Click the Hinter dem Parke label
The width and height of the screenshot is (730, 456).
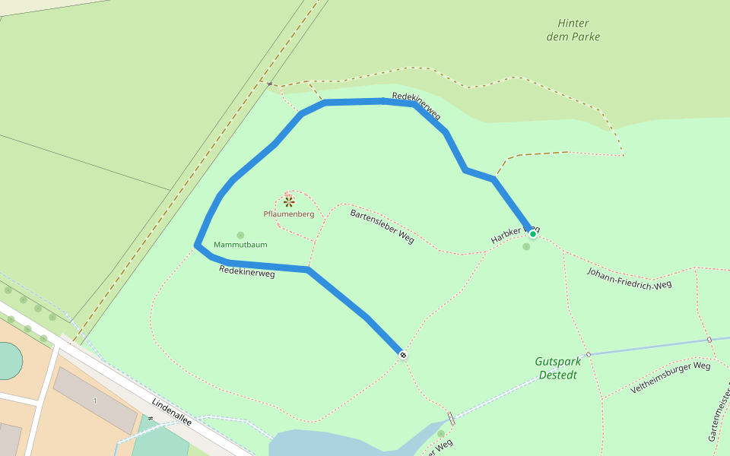(573, 30)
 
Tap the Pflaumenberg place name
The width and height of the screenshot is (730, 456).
(289, 214)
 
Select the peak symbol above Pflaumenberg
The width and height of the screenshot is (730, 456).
(289, 201)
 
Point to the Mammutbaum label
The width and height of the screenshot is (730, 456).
(240, 245)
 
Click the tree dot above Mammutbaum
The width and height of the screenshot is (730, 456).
(241, 236)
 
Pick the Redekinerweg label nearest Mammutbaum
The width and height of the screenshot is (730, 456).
(246, 271)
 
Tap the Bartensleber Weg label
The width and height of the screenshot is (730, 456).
(382, 226)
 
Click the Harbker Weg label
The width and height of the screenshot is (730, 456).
(515, 235)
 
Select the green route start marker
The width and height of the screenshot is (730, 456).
(533, 234)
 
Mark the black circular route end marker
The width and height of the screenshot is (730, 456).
(403, 355)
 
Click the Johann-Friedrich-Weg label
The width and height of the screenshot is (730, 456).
(630, 278)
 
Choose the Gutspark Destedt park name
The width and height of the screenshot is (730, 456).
(557, 368)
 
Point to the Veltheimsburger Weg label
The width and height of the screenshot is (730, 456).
(670, 377)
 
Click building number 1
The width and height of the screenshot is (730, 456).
(95, 401)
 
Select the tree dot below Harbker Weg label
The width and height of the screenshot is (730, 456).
(526, 246)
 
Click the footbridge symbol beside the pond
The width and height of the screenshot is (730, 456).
(452, 418)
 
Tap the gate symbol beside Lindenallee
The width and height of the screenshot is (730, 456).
(151, 419)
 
